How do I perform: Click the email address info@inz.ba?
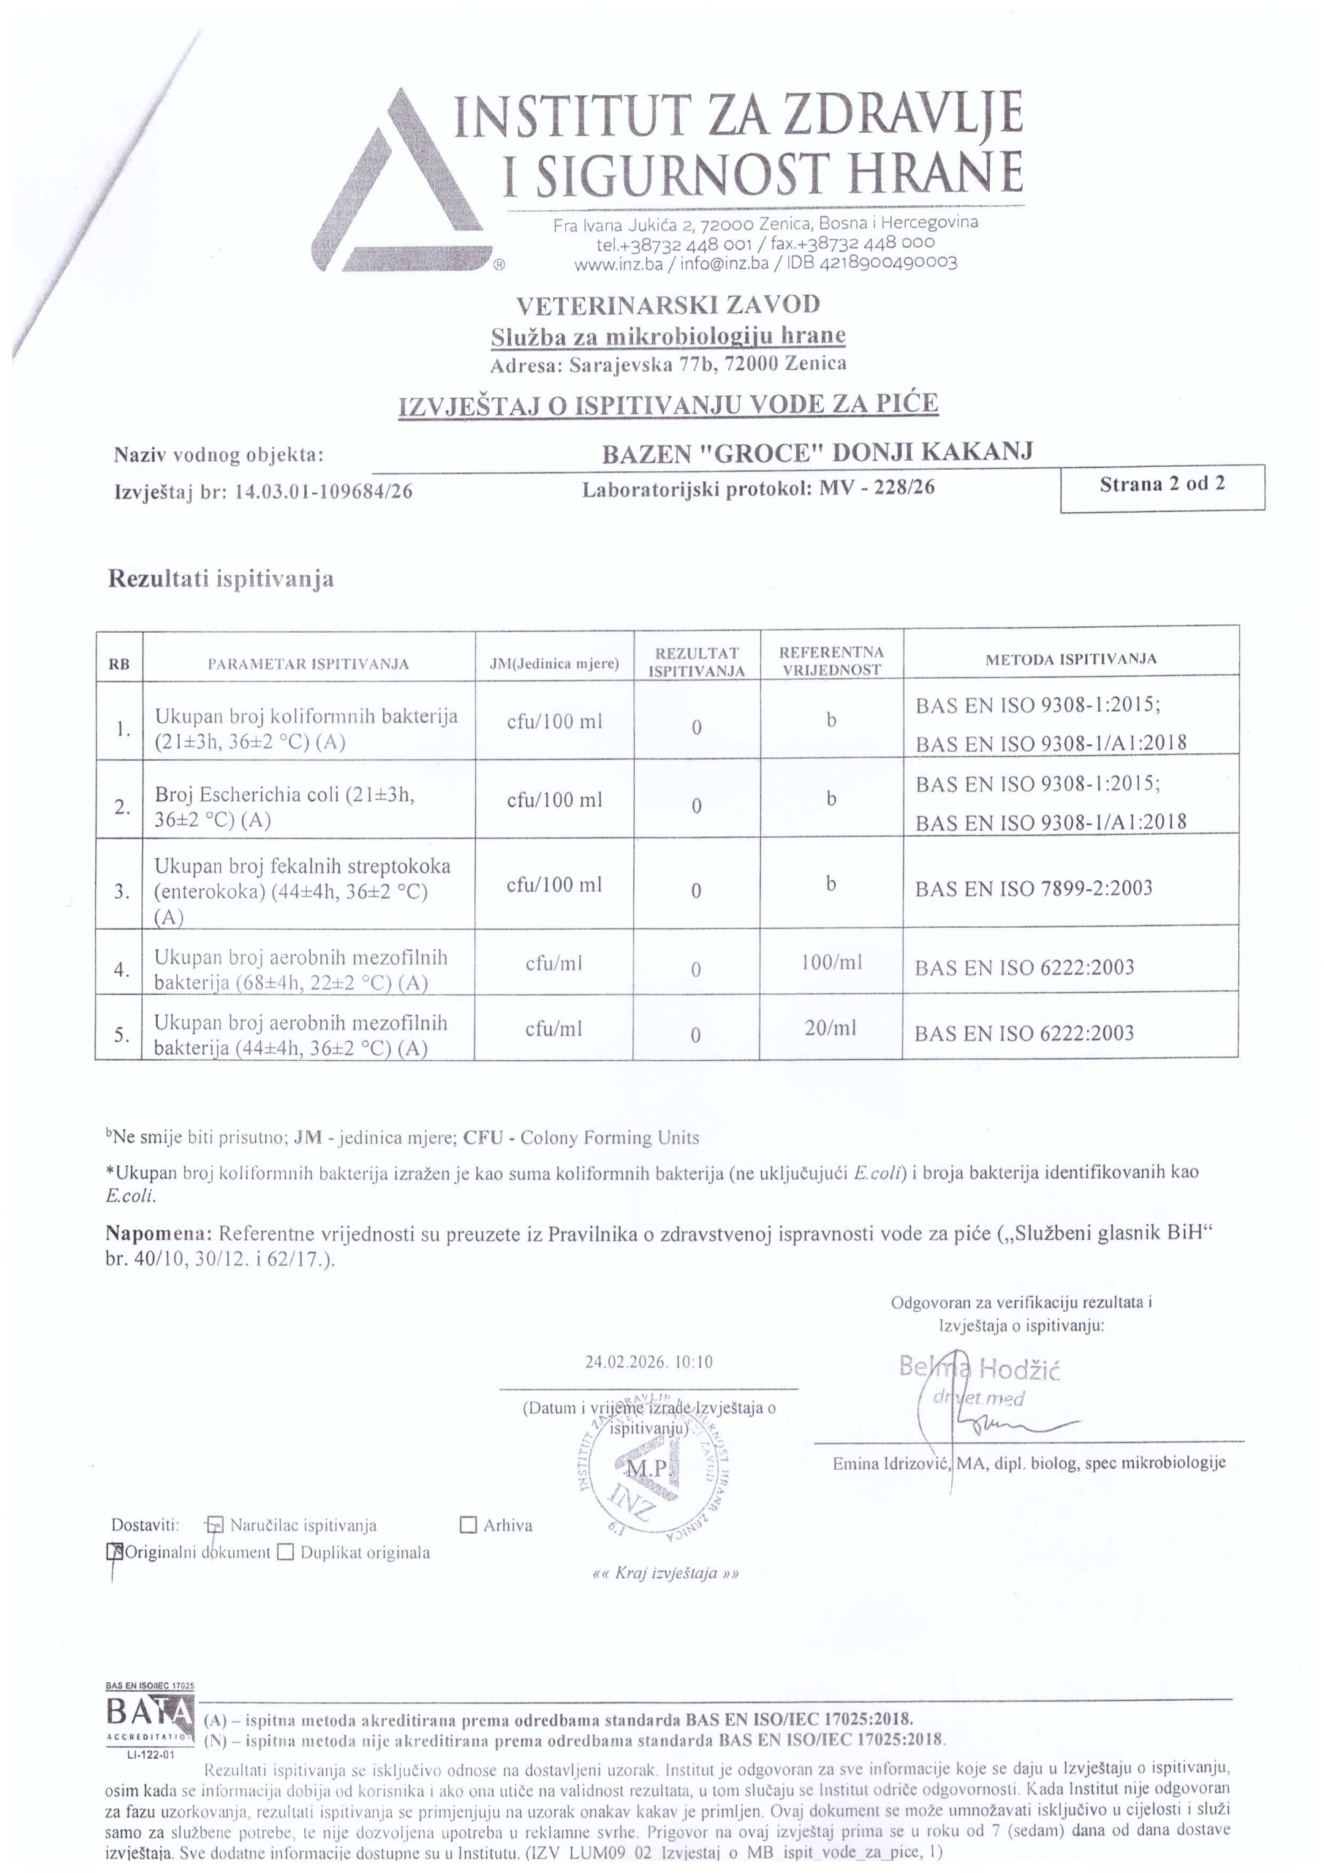[x=717, y=263]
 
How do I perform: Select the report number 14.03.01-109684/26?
[x=323, y=491]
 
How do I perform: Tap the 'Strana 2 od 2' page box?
[x=1162, y=487]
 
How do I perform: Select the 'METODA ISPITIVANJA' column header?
[x=1070, y=659]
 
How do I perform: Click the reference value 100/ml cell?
[x=831, y=963]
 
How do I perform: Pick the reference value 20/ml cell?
[x=830, y=1028]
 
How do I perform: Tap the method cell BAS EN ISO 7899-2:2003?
[x=1034, y=887]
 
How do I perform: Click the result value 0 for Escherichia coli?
[x=696, y=806]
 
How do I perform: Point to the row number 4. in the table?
[x=122, y=970]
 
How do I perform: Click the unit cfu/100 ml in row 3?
[x=554, y=885]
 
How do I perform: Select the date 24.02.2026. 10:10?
[x=649, y=1362]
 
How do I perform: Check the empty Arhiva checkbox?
[x=468, y=1525]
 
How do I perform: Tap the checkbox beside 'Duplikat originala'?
[x=285, y=1552]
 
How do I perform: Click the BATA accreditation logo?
[x=150, y=1716]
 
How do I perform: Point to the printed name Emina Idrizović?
[x=890, y=1463]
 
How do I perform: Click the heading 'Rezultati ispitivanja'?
[x=221, y=579]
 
